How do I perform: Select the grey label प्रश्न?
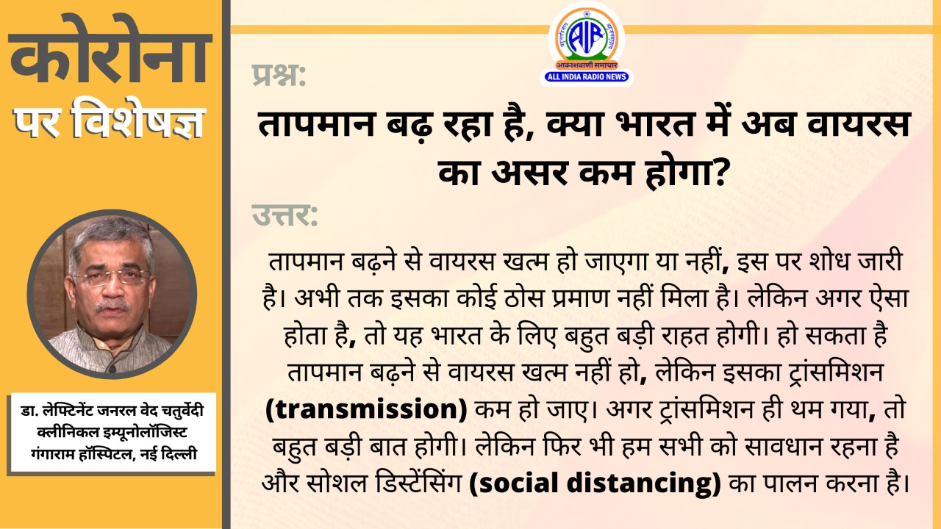click(279, 76)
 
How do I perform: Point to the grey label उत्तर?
click(285, 215)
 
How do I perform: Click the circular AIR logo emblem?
click(587, 36)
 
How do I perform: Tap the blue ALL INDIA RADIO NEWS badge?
click(587, 76)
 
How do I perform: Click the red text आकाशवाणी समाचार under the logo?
click(587, 65)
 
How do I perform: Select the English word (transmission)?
click(366, 409)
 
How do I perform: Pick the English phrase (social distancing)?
click(595, 483)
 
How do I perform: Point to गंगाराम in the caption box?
click(53, 454)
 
